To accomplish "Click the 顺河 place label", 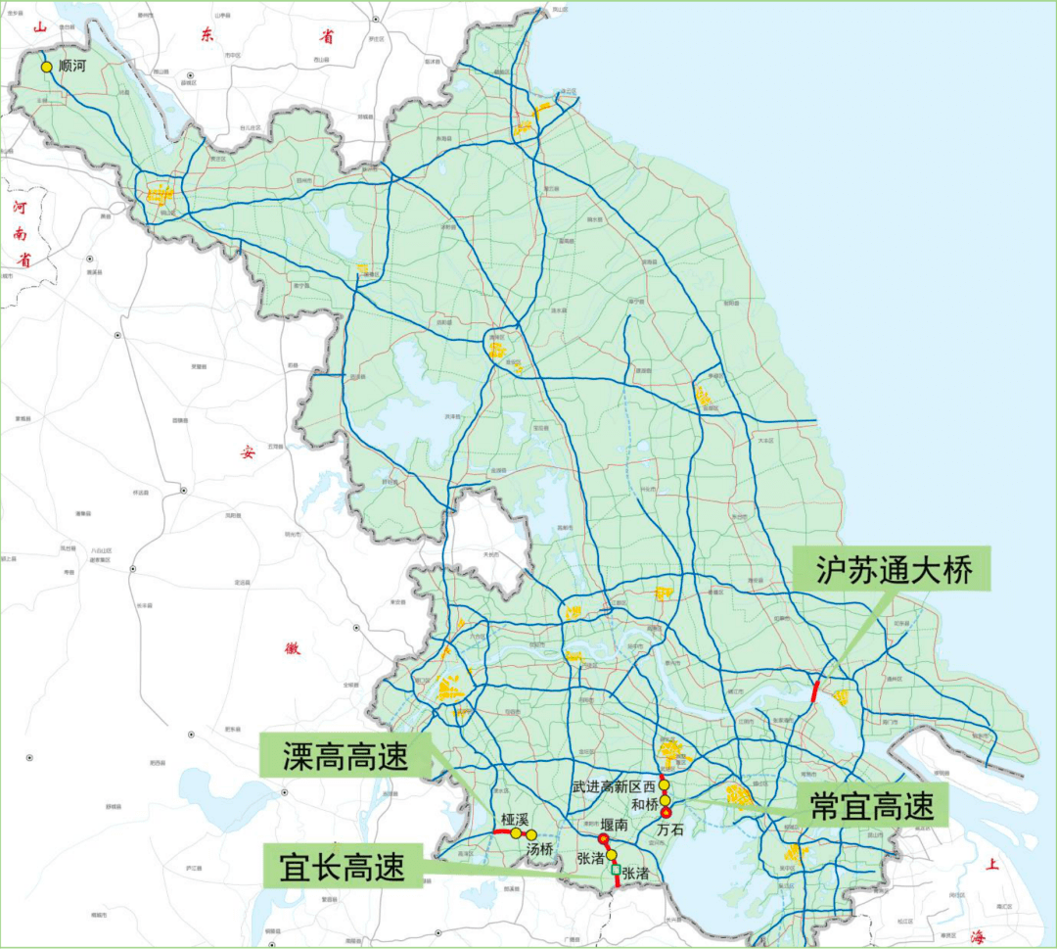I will point(74,68).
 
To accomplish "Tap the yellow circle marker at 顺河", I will point(46,67).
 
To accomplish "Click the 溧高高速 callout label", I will point(345,755).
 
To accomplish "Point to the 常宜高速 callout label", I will point(871,806).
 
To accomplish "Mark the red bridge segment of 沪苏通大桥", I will point(815,689).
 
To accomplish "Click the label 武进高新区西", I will point(614,786).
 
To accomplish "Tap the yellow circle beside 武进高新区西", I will point(664,784).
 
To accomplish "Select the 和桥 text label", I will point(644,804).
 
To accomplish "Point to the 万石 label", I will point(670,830).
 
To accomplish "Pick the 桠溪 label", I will point(515,819).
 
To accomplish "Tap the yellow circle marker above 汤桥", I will point(531,834).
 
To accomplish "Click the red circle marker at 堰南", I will point(603,839).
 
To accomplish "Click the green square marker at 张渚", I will point(616,870).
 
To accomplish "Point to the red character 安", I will point(248,451).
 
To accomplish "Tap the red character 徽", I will point(291,647).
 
